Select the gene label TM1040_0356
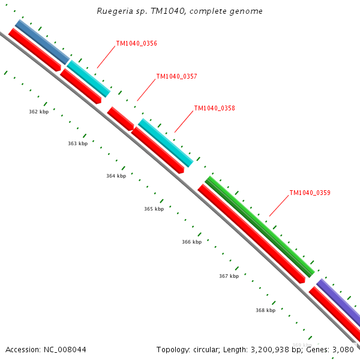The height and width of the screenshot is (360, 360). pyautogui.click(x=136, y=43)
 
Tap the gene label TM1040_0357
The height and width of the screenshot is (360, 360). pyautogui.click(x=176, y=76)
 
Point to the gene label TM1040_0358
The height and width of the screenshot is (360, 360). pyautogui.click(x=214, y=109)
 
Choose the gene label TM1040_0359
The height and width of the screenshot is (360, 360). pyautogui.click(x=310, y=193)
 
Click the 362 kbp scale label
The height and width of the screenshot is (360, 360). pyautogui.click(x=38, y=112)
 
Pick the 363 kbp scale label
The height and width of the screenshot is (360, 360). pyautogui.click(x=77, y=143)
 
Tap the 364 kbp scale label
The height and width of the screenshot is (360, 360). pyautogui.click(x=116, y=176)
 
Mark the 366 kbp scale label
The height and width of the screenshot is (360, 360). pyautogui.click(x=191, y=242)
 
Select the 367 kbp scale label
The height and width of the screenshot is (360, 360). pyautogui.click(x=229, y=276)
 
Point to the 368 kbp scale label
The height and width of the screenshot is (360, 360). pyautogui.click(x=265, y=310)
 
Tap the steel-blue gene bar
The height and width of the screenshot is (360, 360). pyautogui.click(x=42, y=42)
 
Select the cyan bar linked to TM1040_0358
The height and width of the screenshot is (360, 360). pyautogui.click(x=166, y=142)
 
